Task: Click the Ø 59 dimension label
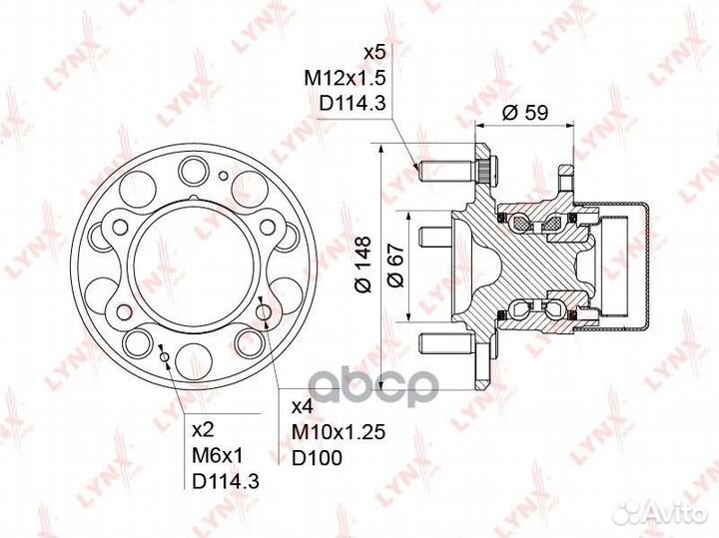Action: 524,112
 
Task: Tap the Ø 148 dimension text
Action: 363,264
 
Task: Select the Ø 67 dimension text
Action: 395,266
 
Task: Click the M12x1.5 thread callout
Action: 345,79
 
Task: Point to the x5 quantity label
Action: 374,53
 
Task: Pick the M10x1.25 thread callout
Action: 338,432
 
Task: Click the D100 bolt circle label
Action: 317,457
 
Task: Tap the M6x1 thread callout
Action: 219,456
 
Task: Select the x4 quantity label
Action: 303,406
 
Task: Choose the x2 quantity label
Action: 203,430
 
